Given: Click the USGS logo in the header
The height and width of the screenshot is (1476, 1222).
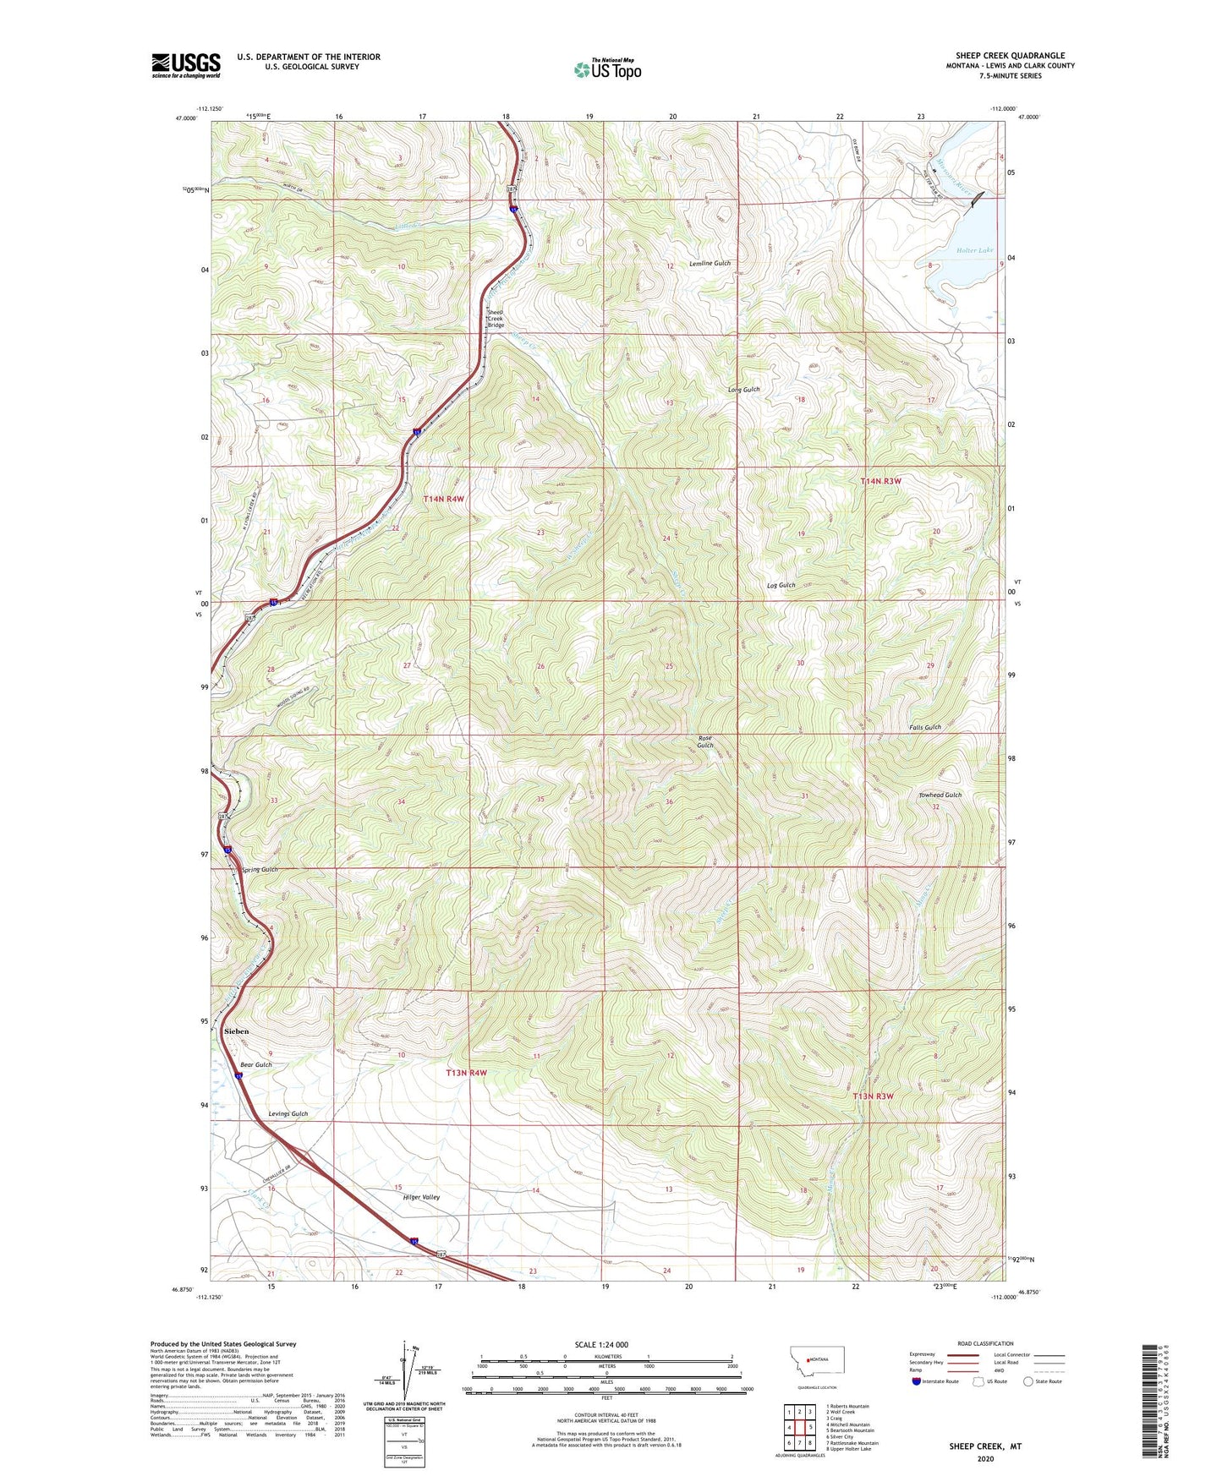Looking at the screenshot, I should pos(186,65).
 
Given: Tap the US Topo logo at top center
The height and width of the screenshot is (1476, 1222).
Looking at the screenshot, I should pos(608,69).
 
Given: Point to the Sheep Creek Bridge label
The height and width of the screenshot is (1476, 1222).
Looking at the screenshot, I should pos(496,319).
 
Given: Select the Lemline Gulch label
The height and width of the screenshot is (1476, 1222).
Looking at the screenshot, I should pos(710,264).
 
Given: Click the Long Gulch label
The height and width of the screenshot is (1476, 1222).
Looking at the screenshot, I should pos(743,390).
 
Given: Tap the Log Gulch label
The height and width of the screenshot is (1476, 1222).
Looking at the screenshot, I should pos(781,585).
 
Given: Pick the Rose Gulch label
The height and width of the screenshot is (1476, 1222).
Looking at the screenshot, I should pos(705,741).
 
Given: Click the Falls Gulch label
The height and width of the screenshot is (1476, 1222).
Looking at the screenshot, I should pos(925,727).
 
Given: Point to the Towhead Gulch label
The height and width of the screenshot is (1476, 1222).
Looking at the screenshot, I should pos(940,795).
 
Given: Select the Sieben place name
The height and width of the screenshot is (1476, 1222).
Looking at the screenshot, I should pos(237,1031).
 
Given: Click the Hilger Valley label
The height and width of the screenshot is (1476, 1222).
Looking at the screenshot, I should pos(422,1197).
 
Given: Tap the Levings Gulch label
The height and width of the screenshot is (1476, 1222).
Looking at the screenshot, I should pos(288,1114).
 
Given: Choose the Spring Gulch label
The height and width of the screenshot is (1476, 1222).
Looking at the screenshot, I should pos(260,870).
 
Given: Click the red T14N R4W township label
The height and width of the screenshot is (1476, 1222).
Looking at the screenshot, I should pos(444,499).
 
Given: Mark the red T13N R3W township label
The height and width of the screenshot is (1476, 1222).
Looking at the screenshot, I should pos(873,1096).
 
